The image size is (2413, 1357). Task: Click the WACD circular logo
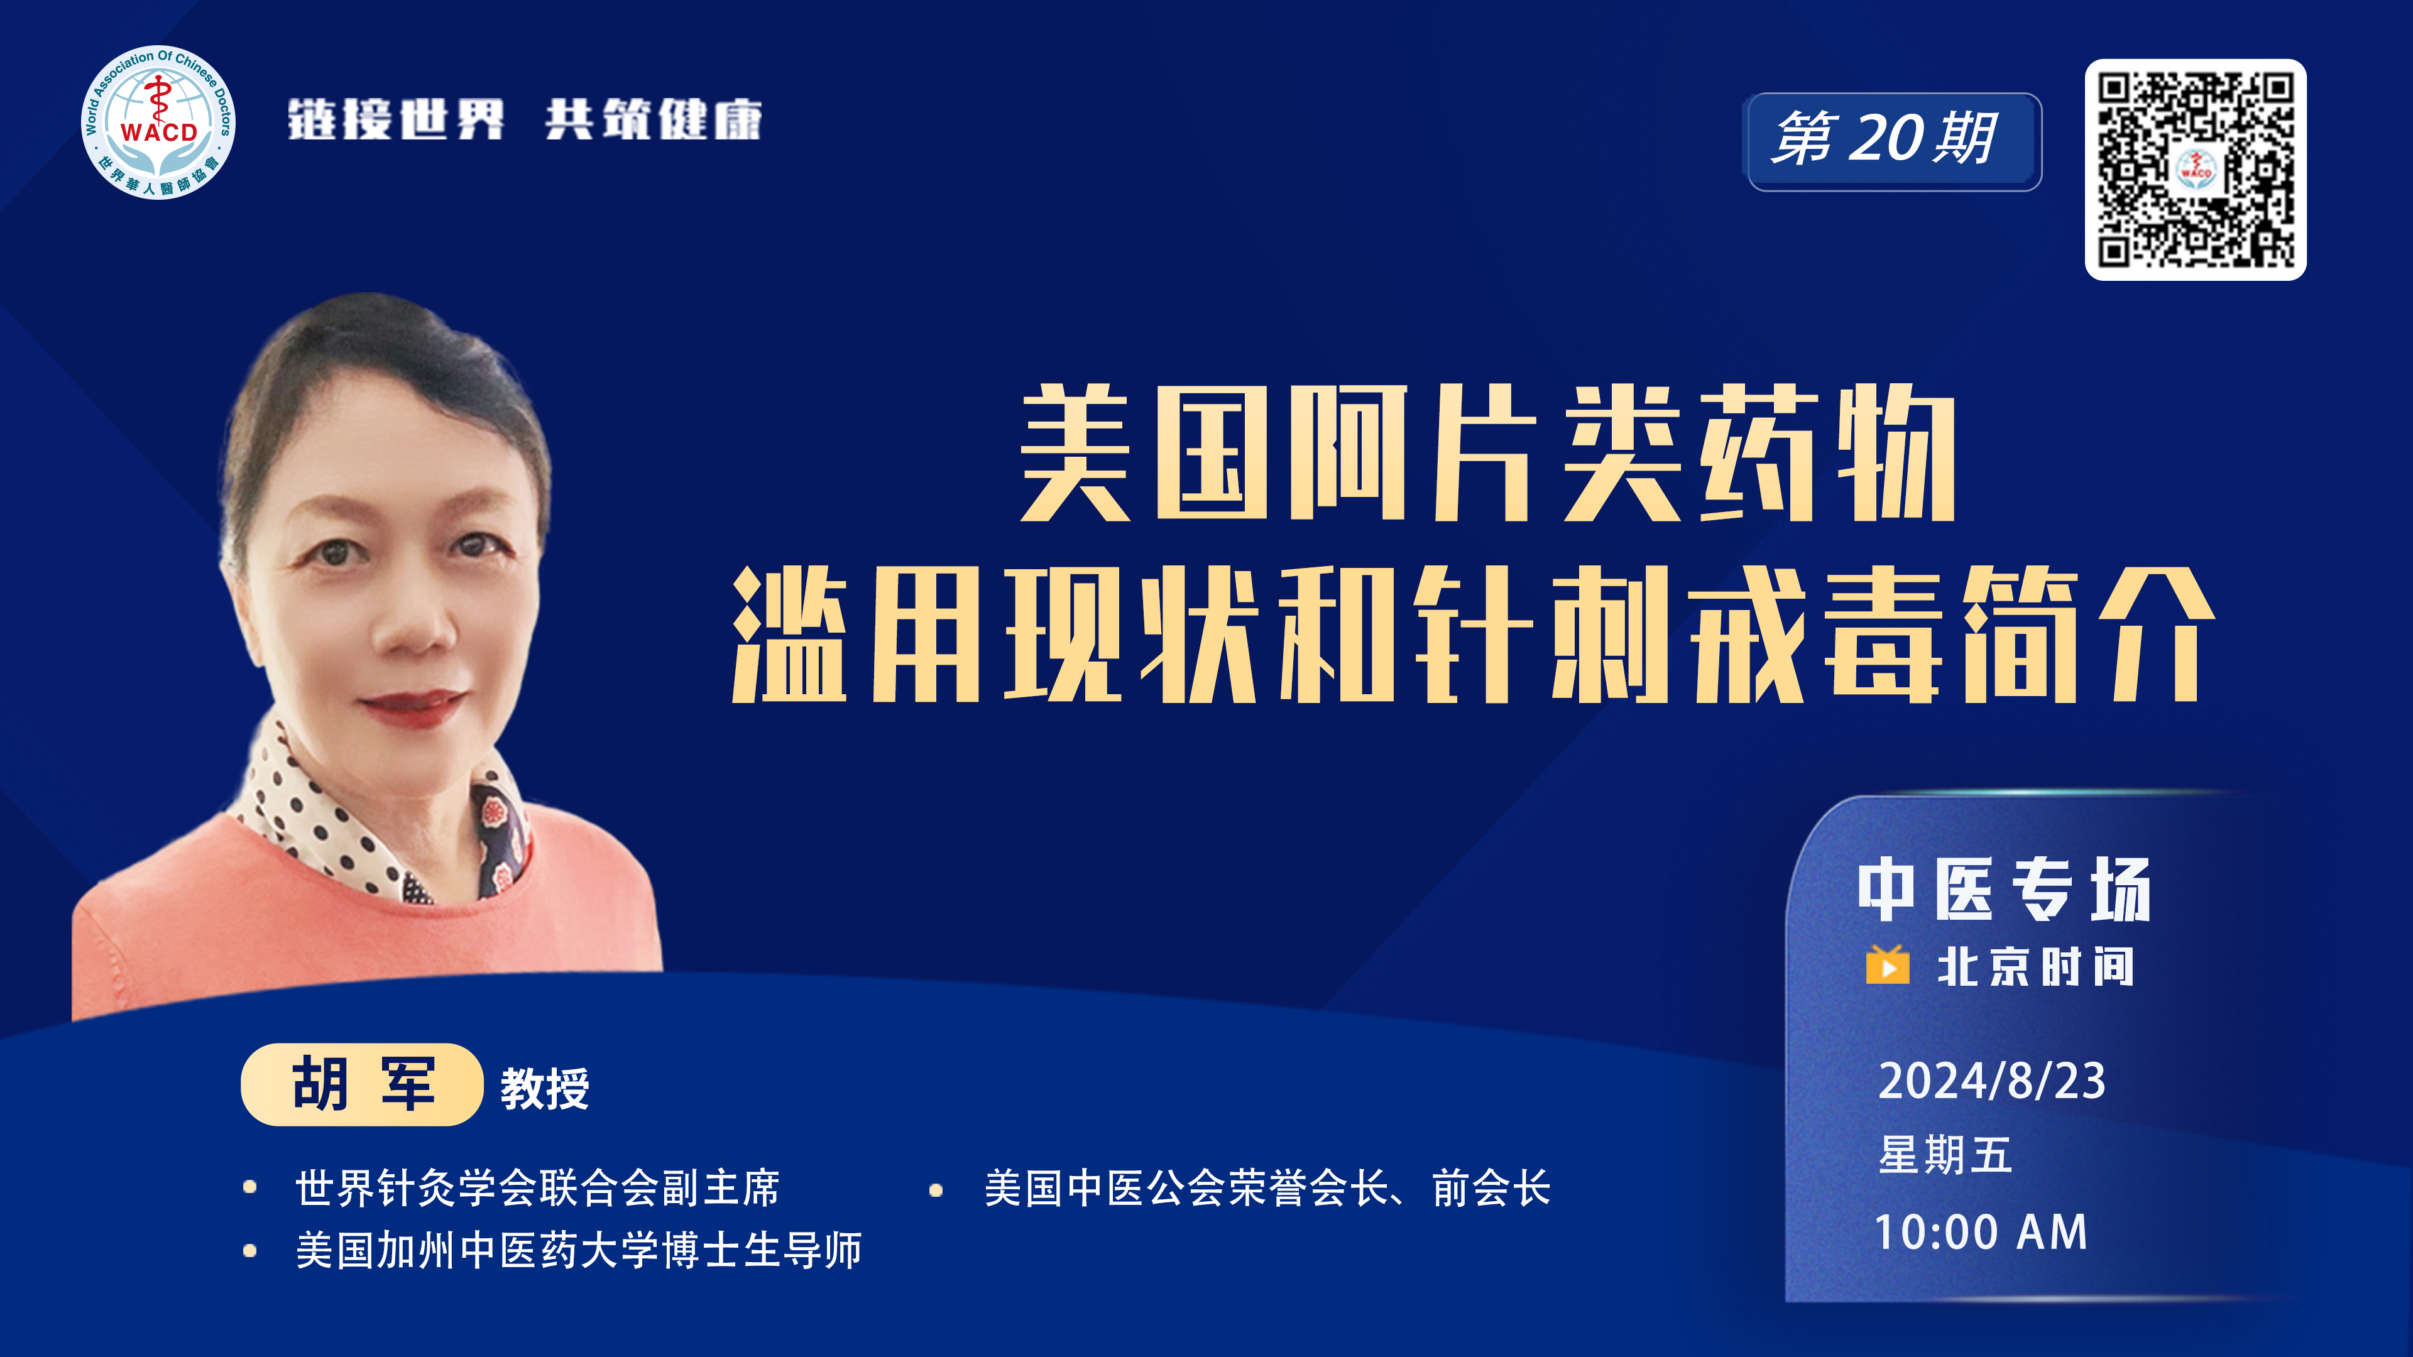click(158, 123)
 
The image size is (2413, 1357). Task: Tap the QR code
click(2195, 170)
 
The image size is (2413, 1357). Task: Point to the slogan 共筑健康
click(654, 120)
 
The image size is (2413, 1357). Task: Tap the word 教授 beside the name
click(544, 1088)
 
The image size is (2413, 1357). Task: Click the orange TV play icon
click(1888, 964)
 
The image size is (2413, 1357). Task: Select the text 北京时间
click(2035, 966)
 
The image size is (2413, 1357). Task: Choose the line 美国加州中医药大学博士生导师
click(579, 1250)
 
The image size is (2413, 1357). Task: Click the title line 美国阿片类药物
click(1487, 452)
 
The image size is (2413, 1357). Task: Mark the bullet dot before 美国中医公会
click(936, 1191)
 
